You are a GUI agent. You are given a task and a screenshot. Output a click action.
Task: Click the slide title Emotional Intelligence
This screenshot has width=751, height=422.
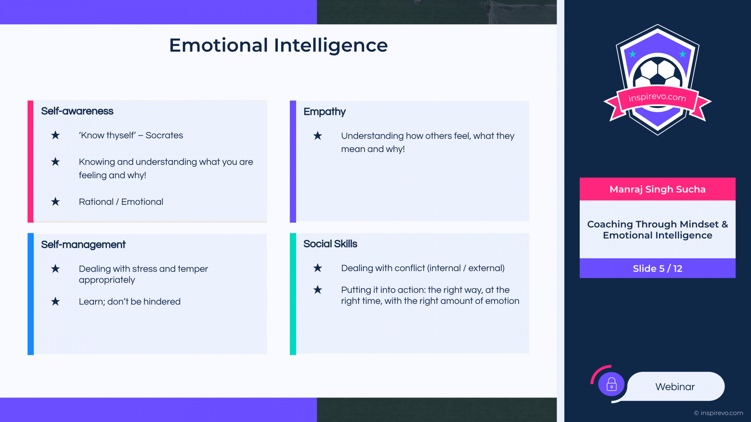(278, 45)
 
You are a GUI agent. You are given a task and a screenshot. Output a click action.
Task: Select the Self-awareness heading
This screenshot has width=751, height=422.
(77, 111)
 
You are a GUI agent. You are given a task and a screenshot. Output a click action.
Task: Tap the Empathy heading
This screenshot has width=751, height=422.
(325, 112)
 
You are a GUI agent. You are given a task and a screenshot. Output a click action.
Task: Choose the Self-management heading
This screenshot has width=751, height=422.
(83, 245)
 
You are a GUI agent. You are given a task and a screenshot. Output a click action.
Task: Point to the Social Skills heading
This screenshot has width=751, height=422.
(330, 244)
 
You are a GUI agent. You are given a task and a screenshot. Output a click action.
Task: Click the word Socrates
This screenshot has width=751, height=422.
(164, 135)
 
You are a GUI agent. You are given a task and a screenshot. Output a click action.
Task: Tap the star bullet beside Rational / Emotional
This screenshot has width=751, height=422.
(56, 202)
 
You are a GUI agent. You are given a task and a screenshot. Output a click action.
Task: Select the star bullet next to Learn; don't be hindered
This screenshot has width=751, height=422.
(56, 302)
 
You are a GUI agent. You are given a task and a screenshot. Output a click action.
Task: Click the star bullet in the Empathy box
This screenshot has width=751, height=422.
(318, 136)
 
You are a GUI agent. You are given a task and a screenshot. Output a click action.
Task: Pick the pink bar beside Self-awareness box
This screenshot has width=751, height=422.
(31, 161)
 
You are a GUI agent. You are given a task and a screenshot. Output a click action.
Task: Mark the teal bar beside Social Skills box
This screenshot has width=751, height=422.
(293, 294)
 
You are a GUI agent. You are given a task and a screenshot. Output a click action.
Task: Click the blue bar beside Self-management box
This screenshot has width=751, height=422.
(31, 294)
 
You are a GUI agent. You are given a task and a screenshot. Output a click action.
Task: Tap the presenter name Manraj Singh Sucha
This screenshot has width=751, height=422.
(658, 190)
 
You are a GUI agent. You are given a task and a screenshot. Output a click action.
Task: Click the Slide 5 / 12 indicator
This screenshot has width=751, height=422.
(658, 268)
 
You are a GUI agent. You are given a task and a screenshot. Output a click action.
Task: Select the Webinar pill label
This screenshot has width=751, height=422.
(675, 387)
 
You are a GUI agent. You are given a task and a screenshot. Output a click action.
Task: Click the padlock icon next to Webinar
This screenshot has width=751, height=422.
(611, 384)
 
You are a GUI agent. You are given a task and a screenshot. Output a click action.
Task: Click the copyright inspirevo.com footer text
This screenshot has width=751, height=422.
(719, 413)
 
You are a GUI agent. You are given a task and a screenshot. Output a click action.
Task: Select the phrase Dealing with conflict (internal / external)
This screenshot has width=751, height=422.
(423, 268)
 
